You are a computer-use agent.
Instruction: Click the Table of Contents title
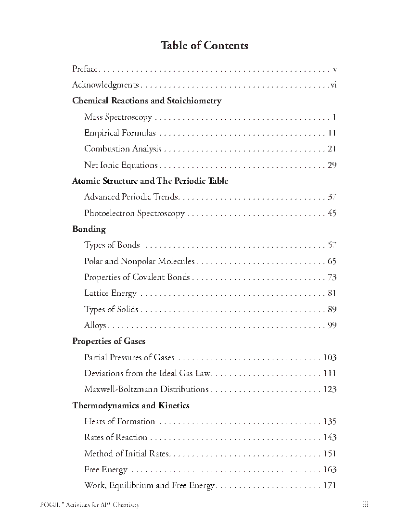pos(204,46)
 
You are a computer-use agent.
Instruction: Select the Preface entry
pos(85,69)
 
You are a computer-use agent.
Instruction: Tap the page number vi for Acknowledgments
pos(333,85)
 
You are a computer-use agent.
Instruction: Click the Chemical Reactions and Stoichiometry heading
pos(147,101)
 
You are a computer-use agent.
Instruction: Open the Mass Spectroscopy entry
pos(118,117)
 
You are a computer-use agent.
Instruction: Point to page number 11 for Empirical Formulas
pos(332,133)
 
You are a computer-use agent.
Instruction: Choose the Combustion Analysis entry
pos(123,149)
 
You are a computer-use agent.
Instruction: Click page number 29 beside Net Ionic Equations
pos(332,165)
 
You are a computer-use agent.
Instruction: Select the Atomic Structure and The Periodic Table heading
pos(150,181)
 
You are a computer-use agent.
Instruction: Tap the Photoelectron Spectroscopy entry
pos(134,213)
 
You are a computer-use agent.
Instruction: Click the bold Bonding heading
pos(89,229)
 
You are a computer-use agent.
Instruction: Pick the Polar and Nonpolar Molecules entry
pos(139,261)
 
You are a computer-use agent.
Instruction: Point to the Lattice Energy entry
pos(110,293)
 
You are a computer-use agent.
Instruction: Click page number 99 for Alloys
pos(332,326)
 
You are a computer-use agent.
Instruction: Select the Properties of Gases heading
pos(109,341)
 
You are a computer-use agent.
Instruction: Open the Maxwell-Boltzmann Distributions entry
pos(146,390)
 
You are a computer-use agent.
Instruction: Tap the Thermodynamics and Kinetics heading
pos(131,405)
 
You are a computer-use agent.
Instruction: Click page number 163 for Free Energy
pos(330,470)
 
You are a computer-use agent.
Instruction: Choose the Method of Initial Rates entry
pos(128,453)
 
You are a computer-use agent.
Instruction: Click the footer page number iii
pos(366,504)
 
